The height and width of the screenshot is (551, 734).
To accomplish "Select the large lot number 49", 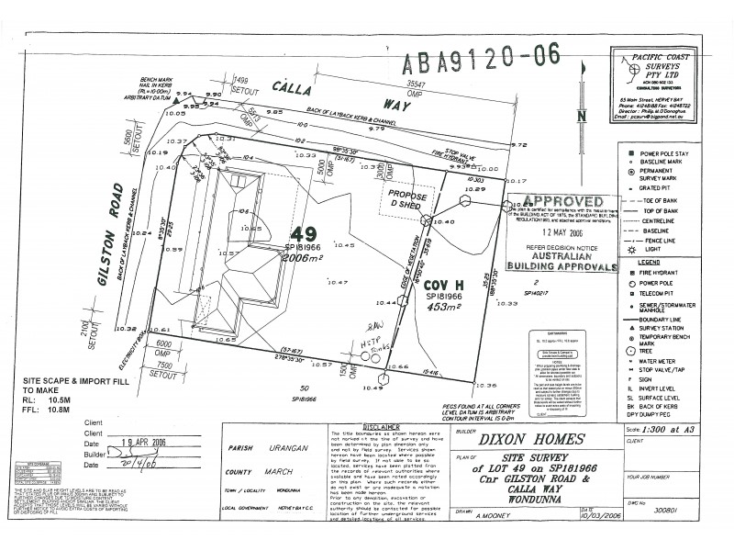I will (304, 234).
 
